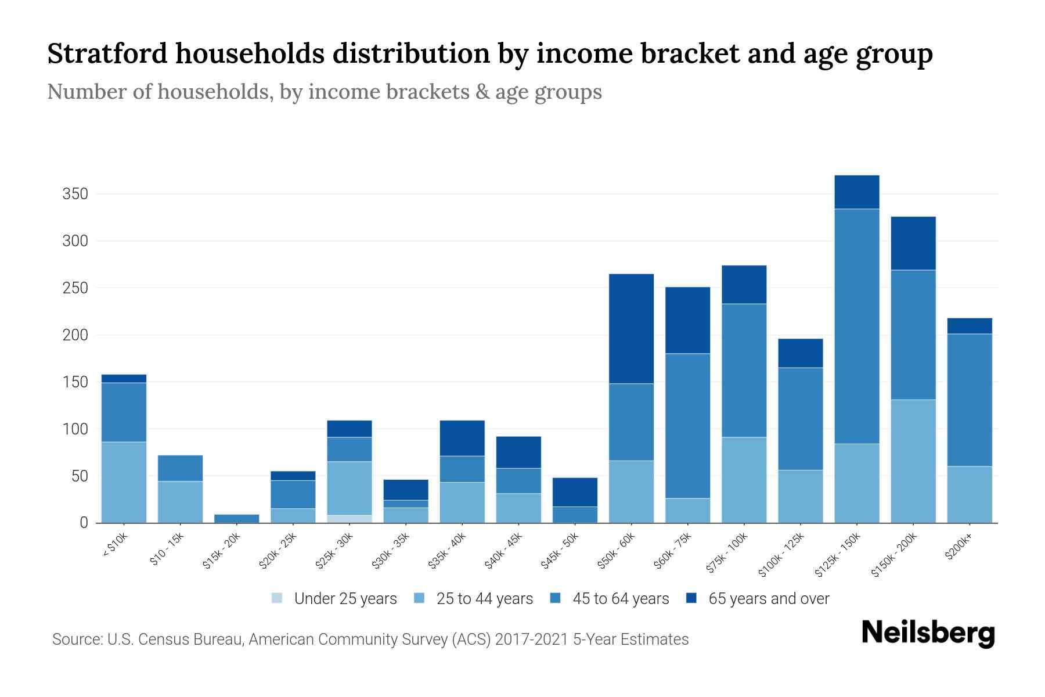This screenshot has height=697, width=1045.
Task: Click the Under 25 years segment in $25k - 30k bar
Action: coord(349,519)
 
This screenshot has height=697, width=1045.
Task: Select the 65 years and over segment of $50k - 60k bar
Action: coord(631,329)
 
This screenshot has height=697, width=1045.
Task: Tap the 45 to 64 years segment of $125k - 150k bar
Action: coord(856,326)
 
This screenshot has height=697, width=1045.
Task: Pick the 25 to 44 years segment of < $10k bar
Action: coord(124,482)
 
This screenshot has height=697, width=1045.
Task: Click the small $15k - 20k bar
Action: coord(237,518)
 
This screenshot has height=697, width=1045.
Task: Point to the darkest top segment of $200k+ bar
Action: coord(969,326)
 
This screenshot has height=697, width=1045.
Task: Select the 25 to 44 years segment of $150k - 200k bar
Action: coord(913,461)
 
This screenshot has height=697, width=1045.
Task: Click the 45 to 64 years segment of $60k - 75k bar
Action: coord(687,426)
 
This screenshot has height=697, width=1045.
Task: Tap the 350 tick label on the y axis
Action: coord(75,194)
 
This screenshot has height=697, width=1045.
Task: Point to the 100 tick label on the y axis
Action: coord(75,429)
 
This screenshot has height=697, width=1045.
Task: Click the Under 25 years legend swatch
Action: coord(277,598)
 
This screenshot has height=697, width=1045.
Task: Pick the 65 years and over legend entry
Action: coord(768,599)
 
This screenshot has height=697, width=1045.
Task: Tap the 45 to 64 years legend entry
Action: coord(620,599)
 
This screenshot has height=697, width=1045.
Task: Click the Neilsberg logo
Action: coord(928,633)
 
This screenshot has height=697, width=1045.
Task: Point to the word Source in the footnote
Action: coord(75,639)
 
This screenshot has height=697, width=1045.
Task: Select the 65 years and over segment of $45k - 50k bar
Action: coord(575,492)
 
